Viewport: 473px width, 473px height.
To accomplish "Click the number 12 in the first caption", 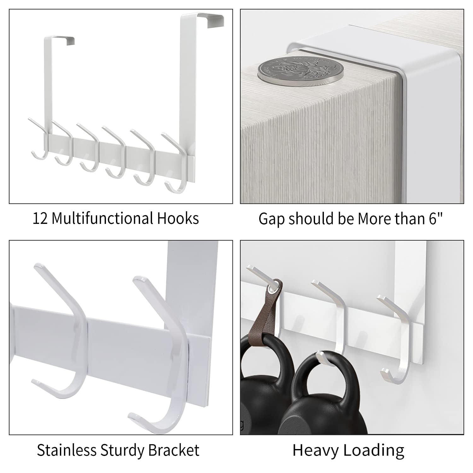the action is point(40,219).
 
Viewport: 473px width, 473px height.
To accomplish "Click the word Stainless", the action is point(67,450).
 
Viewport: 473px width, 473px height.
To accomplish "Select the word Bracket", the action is point(174,450).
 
